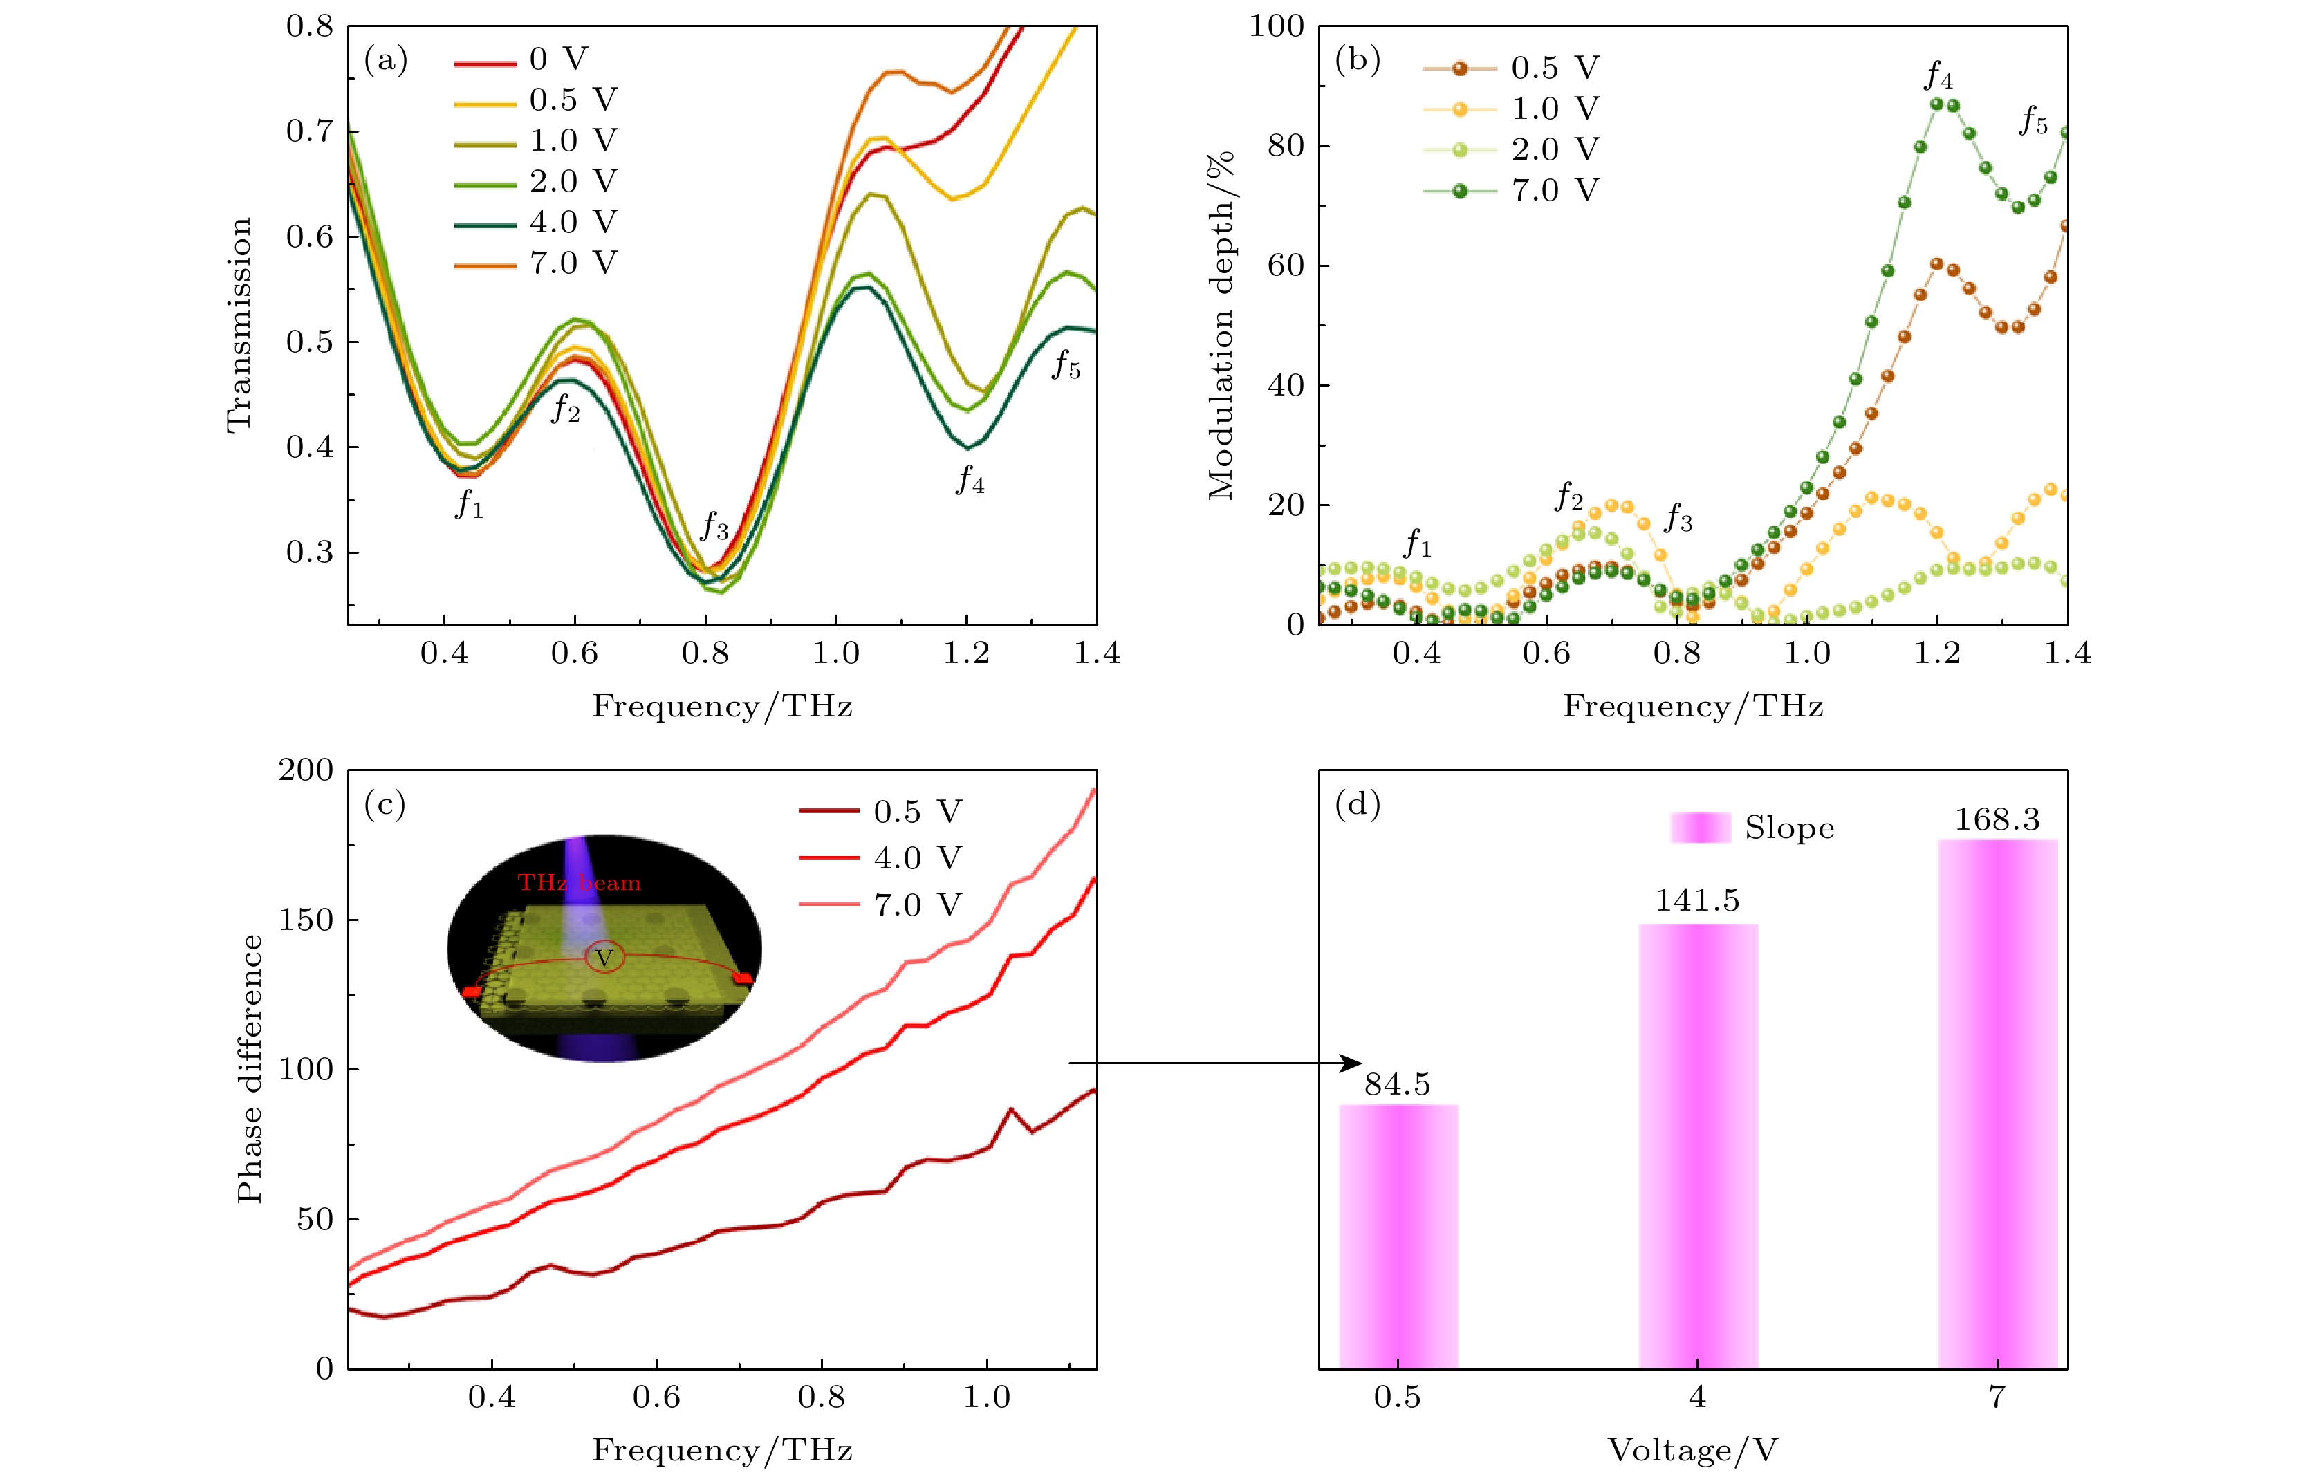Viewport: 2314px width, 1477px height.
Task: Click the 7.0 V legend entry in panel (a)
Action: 535,262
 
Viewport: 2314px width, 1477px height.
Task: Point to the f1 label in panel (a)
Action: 469,503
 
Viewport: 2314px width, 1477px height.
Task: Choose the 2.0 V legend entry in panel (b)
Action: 1510,150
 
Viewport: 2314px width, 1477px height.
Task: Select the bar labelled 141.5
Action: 1698,1146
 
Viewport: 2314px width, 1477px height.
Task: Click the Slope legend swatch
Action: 1700,828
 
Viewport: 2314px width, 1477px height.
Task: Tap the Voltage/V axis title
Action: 1692,1449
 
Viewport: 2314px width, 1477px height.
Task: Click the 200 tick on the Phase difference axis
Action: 306,771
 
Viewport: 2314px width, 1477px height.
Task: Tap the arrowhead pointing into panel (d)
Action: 1353,1063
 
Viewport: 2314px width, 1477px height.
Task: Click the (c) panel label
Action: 385,804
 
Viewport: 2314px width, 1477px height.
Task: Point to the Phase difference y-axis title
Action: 250,1068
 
